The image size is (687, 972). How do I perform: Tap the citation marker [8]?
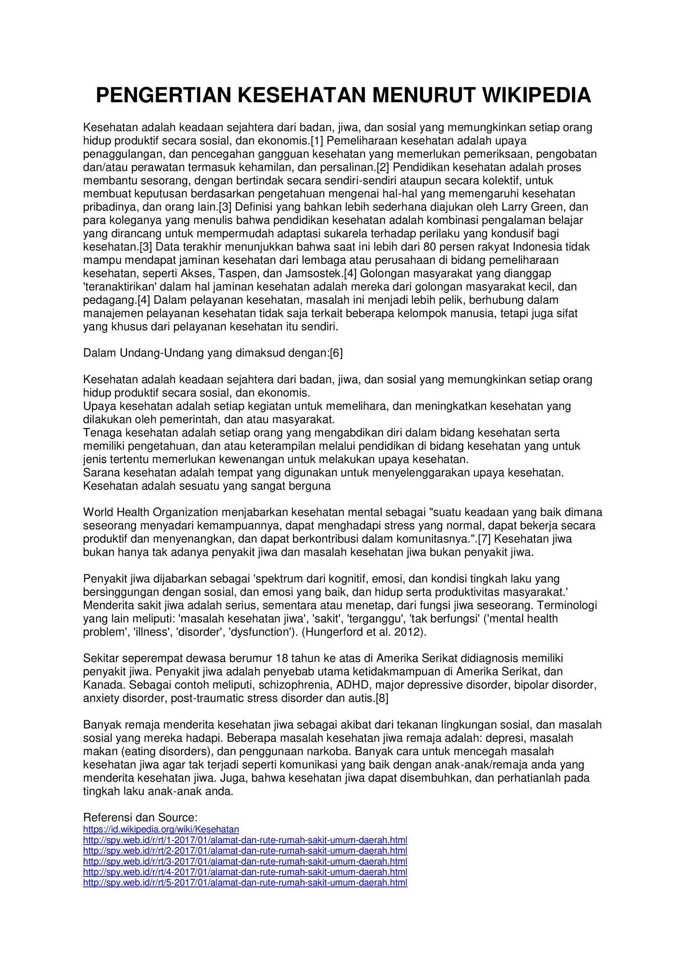pyautogui.click(x=382, y=698)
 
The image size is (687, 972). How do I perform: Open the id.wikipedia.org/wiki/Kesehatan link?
pyautogui.click(x=161, y=829)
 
